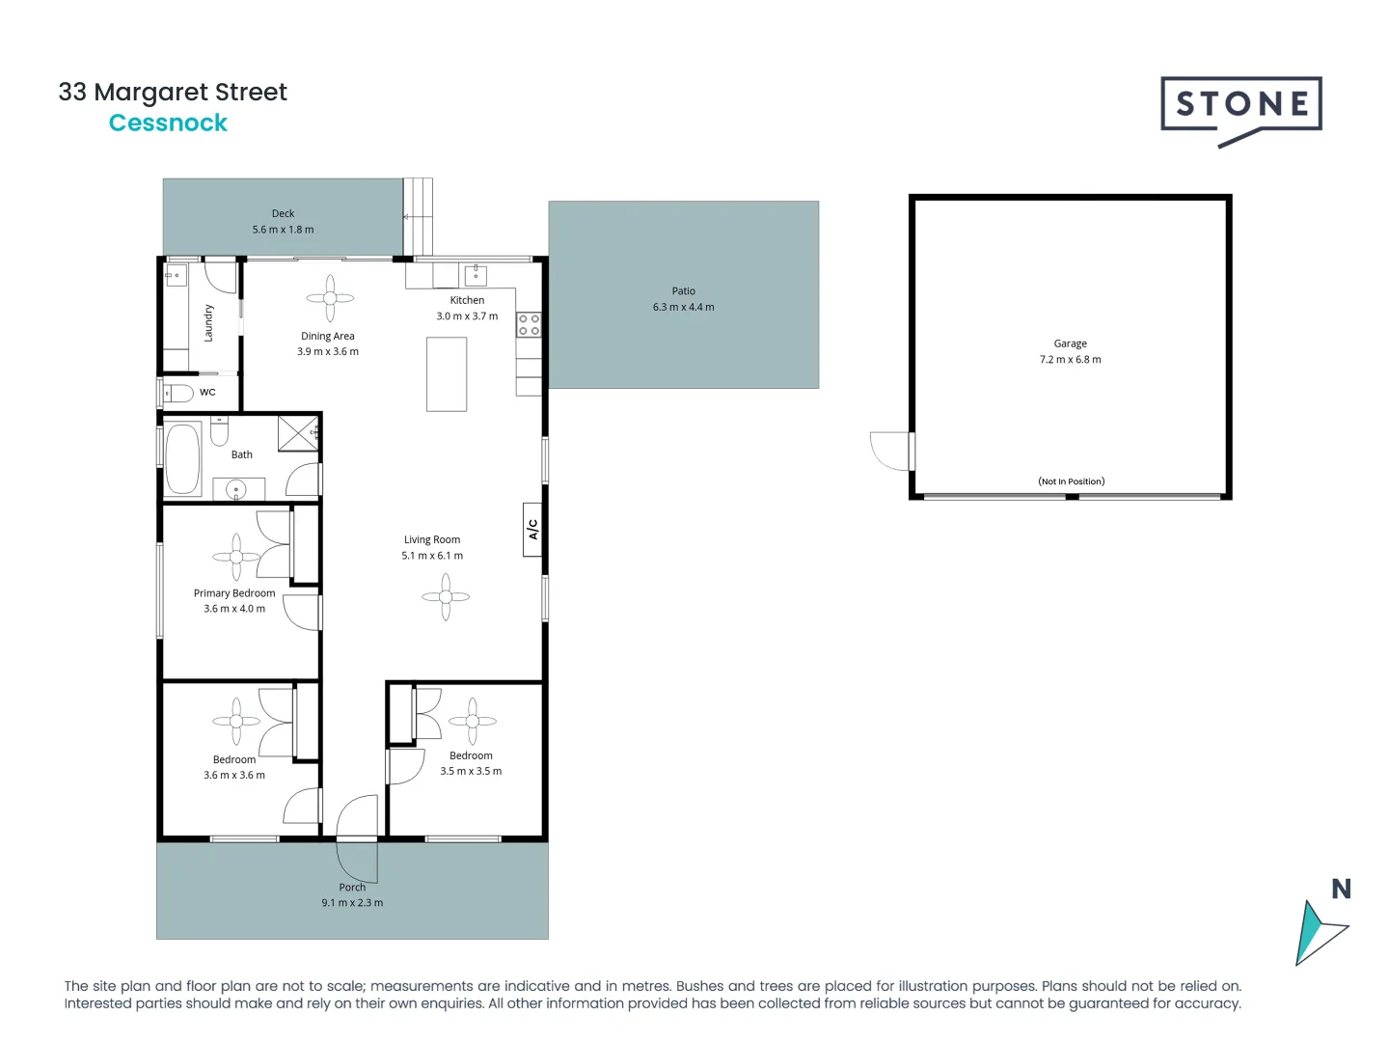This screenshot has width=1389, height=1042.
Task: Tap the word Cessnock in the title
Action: coord(168,123)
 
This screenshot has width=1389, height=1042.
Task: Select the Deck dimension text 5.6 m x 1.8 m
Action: coord(283,230)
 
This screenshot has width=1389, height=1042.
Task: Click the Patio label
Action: coord(683,290)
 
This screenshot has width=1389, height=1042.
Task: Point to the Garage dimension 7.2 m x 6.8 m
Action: coord(1070,359)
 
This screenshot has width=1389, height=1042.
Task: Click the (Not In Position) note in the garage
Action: coord(1071,481)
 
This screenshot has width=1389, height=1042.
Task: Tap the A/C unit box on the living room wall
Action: coord(532,529)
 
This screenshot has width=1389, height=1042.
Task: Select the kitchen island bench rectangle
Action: coord(447,374)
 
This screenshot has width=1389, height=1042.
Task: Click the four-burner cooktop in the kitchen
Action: coord(529,324)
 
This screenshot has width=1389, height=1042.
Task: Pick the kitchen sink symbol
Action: coord(476,275)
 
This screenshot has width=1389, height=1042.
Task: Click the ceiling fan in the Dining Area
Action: coord(330,298)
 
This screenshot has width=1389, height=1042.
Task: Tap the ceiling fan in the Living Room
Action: coord(446,597)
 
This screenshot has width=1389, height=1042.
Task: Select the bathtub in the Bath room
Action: coord(182,459)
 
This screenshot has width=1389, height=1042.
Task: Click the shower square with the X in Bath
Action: coord(298,433)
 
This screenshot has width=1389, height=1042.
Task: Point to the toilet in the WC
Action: coord(178,393)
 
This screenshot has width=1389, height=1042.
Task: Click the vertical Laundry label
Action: coord(208,323)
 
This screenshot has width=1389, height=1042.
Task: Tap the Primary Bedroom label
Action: coord(234,593)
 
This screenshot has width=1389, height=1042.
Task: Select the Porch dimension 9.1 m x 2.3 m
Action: coord(352,903)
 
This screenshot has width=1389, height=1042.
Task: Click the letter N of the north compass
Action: coord(1341,889)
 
